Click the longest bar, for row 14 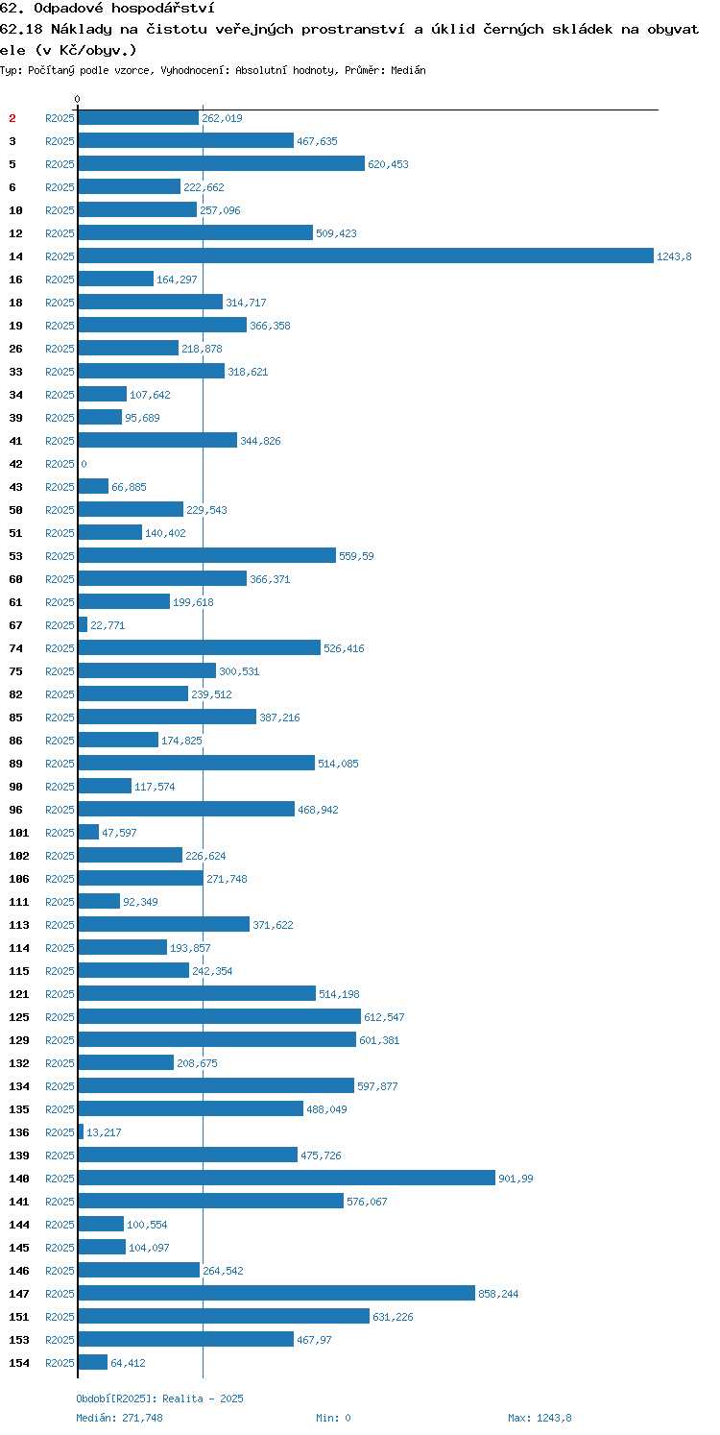pyautogui.click(x=366, y=255)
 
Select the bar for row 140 pyautogui.click(x=286, y=1178)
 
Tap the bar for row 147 pyautogui.click(x=276, y=1293)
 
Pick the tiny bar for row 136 pyautogui.click(x=81, y=1131)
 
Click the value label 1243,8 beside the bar pyautogui.click(x=674, y=256)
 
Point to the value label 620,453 pyautogui.click(x=388, y=164)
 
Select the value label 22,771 pyautogui.click(x=108, y=625)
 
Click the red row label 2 pyautogui.click(x=12, y=118)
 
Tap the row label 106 pyautogui.click(x=19, y=879)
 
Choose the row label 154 pyautogui.click(x=19, y=1363)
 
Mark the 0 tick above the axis pyautogui.click(x=77, y=99)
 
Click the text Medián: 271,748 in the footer pyautogui.click(x=119, y=1417)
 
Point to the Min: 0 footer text pyautogui.click(x=333, y=1417)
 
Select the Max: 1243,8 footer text pyautogui.click(x=540, y=1417)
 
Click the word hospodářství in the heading pyautogui.click(x=162, y=9)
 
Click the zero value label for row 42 pyautogui.click(x=84, y=464)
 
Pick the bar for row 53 pyautogui.click(x=207, y=555)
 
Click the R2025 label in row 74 pyautogui.click(x=60, y=648)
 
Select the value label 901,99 pyautogui.click(x=516, y=1179)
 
